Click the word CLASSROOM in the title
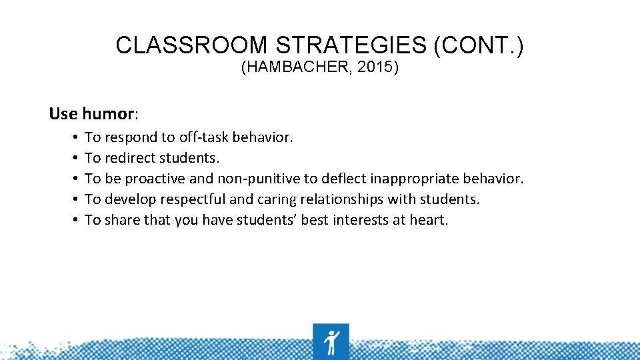(x=191, y=45)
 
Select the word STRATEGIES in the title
(x=351, y=45)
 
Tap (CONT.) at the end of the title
(x=479, y=45)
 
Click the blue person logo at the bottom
(x=331, y=342)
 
